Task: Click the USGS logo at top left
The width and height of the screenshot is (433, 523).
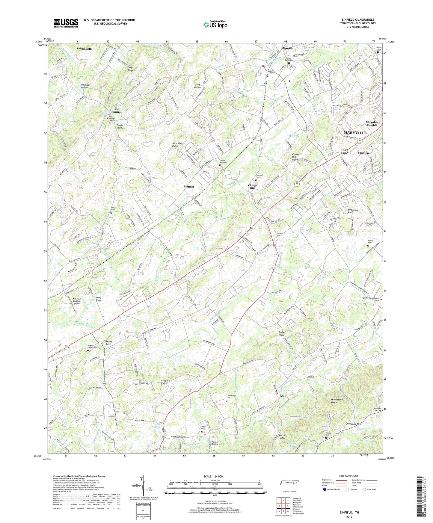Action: point(66,23)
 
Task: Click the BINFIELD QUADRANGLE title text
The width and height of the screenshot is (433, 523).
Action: point(358,20)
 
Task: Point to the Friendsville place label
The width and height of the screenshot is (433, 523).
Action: point(85,49)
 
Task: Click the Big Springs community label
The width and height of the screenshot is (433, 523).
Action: point(116,110)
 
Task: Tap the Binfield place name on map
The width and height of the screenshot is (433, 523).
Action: point(188,187)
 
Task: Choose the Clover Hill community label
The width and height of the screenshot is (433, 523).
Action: point(252,187)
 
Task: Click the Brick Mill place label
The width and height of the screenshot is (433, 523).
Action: point(108,343)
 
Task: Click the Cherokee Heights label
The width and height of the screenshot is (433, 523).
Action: point(372,123)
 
